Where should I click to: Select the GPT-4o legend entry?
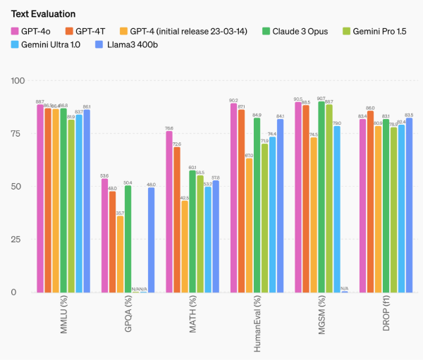point(36,31)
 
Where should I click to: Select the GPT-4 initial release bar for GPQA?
point(120,254)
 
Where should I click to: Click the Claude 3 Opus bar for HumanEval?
point(257,204)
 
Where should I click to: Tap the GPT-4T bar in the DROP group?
point(370,201)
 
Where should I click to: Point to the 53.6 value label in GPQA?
point(104,175)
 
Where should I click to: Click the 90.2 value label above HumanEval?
point(233,99)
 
